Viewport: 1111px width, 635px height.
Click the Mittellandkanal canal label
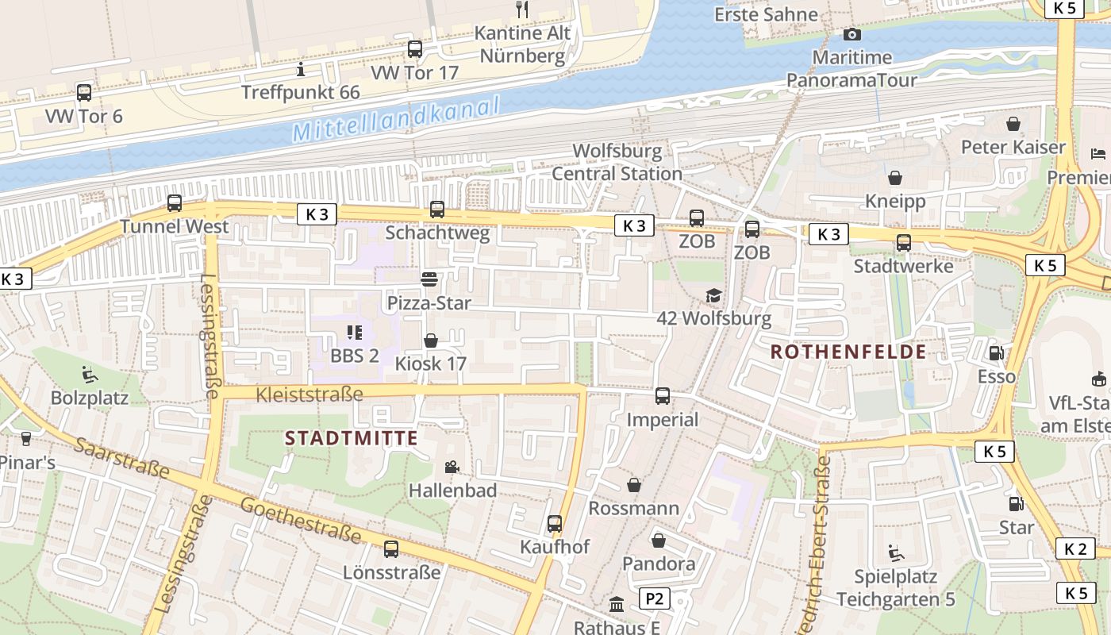click(396, 119)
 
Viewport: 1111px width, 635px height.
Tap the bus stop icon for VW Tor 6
click(84, 92)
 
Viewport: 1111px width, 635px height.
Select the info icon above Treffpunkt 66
click(300, 70)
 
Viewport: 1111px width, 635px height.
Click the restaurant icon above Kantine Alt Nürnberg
click(522, 10)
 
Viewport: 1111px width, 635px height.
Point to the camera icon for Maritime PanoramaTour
click(852, 34)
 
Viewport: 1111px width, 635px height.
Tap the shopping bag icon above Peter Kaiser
click(1013, 124)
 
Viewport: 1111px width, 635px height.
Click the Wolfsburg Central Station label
click(617, 162)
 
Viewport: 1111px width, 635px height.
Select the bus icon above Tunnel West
click(175, 203)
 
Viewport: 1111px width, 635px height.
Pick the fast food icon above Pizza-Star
click(429, 279)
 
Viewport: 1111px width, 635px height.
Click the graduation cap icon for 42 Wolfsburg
click(713, 295)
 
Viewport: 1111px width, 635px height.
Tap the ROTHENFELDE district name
click(848, 352)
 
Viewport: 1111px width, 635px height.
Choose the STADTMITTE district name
click(352, 437)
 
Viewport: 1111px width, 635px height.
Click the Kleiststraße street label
click(310, 394)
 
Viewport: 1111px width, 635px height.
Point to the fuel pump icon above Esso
click(995, 352)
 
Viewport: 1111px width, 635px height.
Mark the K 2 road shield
click(1075, 548)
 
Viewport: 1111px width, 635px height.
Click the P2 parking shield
click(654, 598)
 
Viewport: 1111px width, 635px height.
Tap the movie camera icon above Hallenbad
click(452, 467)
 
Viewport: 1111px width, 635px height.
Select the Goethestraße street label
click(300, 521)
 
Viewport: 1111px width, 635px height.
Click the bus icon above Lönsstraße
click(391, 548)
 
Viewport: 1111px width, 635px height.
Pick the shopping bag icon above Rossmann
click(634, 484)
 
